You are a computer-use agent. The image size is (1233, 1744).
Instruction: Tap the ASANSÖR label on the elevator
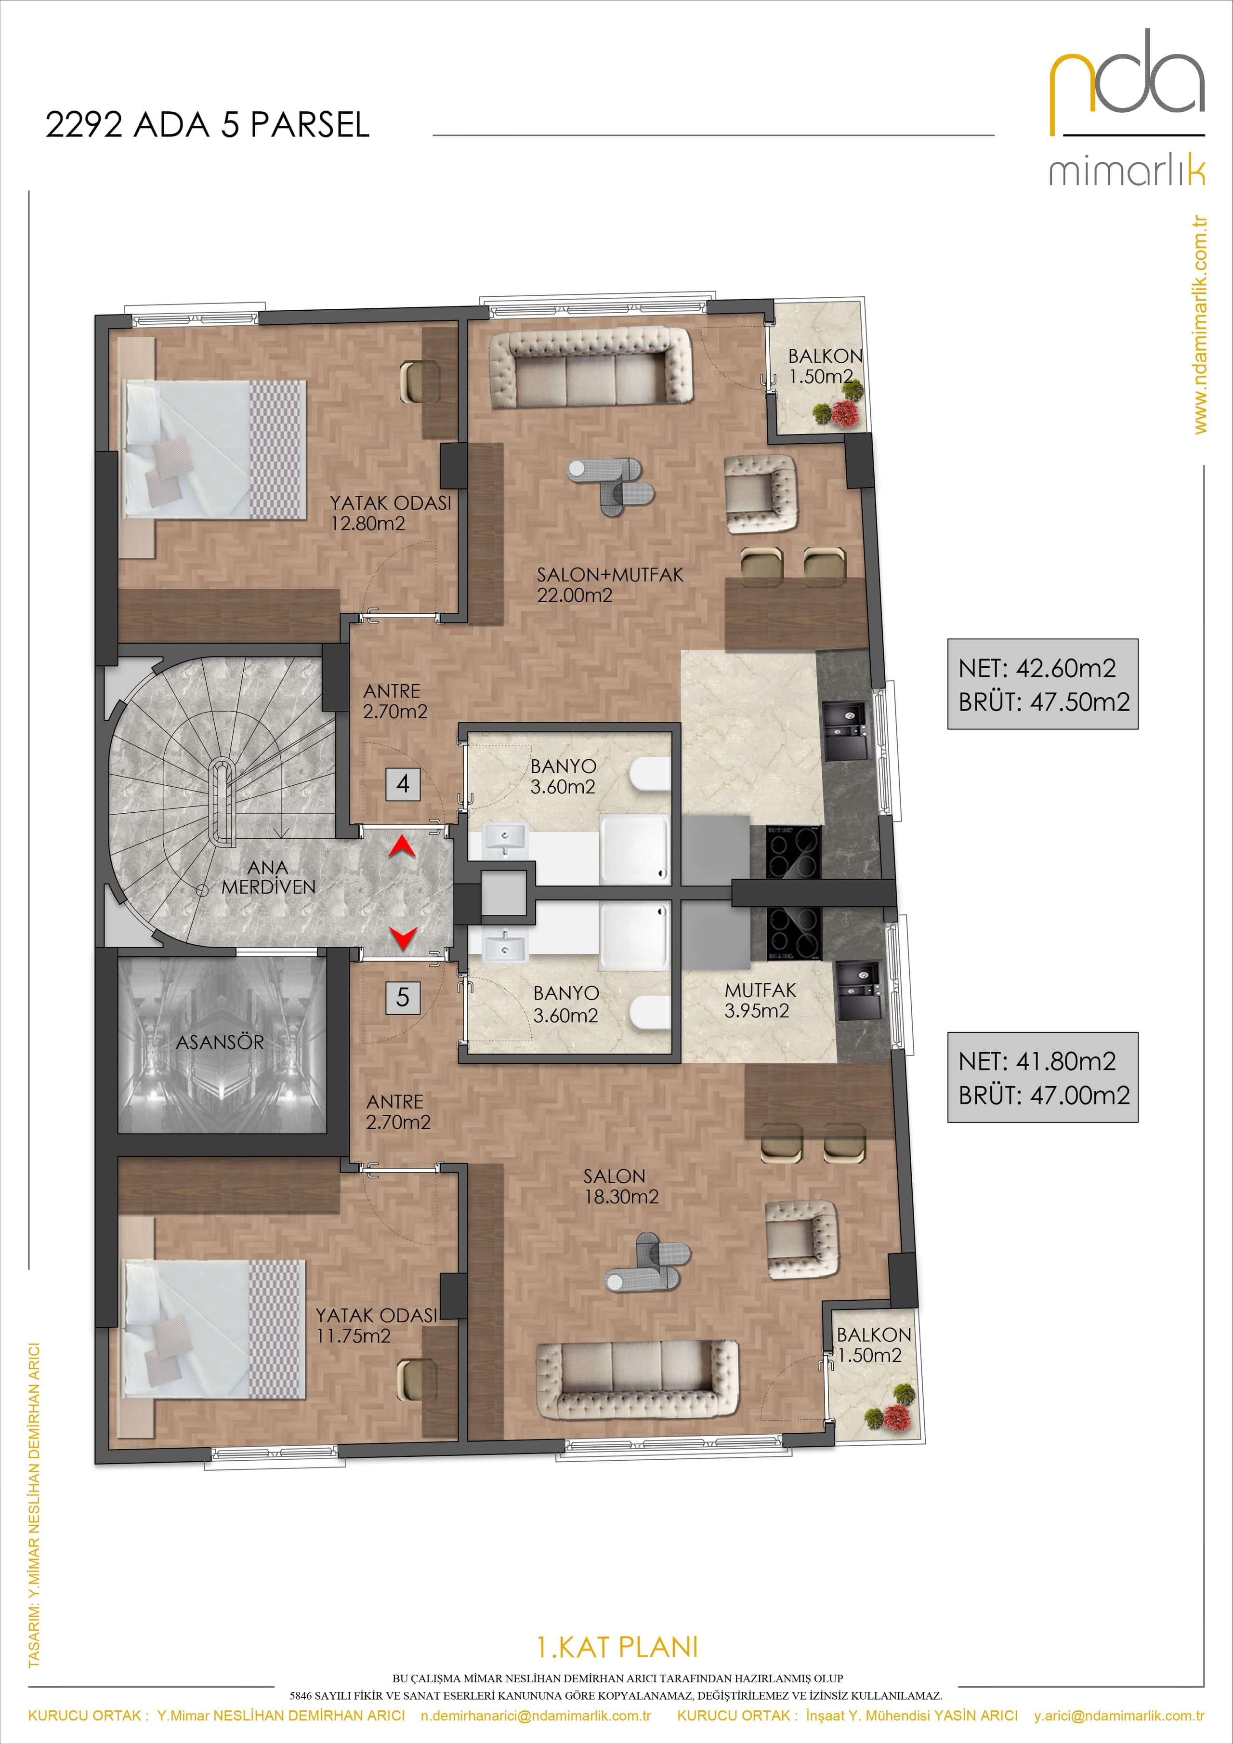220,1042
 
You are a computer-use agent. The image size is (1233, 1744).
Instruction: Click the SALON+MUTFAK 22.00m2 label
610,585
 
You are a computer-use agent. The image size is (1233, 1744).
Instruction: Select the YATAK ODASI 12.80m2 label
390,513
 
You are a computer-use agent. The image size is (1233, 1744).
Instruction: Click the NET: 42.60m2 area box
1042,685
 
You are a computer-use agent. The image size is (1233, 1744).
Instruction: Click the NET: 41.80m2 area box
1042,1077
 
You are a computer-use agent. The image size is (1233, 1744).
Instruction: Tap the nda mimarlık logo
1128,106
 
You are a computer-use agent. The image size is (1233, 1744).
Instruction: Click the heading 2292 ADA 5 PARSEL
207,125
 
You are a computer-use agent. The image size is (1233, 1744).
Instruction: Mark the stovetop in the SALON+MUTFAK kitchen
793,851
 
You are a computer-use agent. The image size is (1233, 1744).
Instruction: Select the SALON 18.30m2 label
621,1186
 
